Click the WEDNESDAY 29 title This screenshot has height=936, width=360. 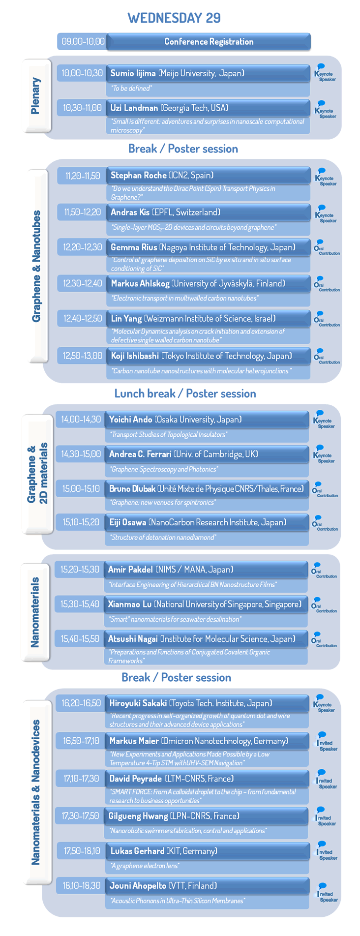[x=174, y=18]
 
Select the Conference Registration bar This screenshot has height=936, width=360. [x=209, y=42]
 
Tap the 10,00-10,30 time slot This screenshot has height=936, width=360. [x=82, y=73]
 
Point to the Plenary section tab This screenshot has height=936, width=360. [x=36, y=96]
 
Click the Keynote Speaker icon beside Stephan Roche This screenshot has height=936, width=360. [x=326, y=177]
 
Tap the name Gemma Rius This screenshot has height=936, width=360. [x=134, y=247]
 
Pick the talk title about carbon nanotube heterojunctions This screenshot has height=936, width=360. [x=201, y=371]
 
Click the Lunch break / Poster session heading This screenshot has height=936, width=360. [x=185, y=393]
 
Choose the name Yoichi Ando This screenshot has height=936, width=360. [x=130, y=420]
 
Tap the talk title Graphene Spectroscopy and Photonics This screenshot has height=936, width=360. [x=164, y=469]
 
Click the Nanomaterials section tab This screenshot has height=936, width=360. [x=35, y=612]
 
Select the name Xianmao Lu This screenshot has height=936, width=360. [x=130, y=604]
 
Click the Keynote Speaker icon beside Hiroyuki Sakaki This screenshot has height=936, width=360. [x=324, y=703]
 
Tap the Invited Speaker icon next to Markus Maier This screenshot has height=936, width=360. [x=327, y=742]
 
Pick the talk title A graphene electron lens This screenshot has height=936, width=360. [x=145, y=866]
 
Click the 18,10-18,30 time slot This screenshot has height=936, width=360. [x=81, y=886]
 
